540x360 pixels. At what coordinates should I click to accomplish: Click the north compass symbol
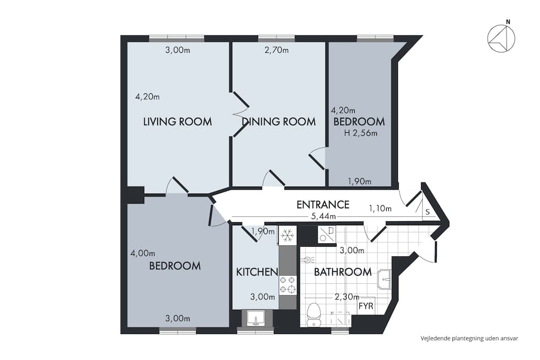[x=501, y=39]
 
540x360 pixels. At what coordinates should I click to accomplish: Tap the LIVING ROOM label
[x=177, y=121]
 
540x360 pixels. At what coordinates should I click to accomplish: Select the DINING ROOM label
[x=279, y=121]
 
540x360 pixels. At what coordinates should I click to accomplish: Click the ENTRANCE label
[x=323, y=205]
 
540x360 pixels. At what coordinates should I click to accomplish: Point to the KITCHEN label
[x=256, y=272]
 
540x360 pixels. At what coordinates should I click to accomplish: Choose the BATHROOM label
[x=343, y=272]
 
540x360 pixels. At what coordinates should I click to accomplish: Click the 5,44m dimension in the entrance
[x=323, y=216]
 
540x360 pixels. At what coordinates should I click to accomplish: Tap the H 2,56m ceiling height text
[x=360, y=133]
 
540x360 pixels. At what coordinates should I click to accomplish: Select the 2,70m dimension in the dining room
[x=276, y=50]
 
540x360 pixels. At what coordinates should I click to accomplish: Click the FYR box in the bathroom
[x=365, y=306]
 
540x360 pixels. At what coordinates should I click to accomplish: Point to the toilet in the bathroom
[x=313, y=314]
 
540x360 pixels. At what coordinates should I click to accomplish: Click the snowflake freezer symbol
[x=288, y=235]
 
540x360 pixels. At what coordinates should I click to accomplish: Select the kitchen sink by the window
[x=255, y=318]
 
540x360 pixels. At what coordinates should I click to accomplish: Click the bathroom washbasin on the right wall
[x=384, y=279]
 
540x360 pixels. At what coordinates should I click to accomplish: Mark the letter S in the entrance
[x=427, y=212]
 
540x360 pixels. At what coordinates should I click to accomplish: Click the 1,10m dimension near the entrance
[x=380, y=208]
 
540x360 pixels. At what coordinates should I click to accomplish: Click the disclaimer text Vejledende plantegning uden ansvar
[x=469, y=338]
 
